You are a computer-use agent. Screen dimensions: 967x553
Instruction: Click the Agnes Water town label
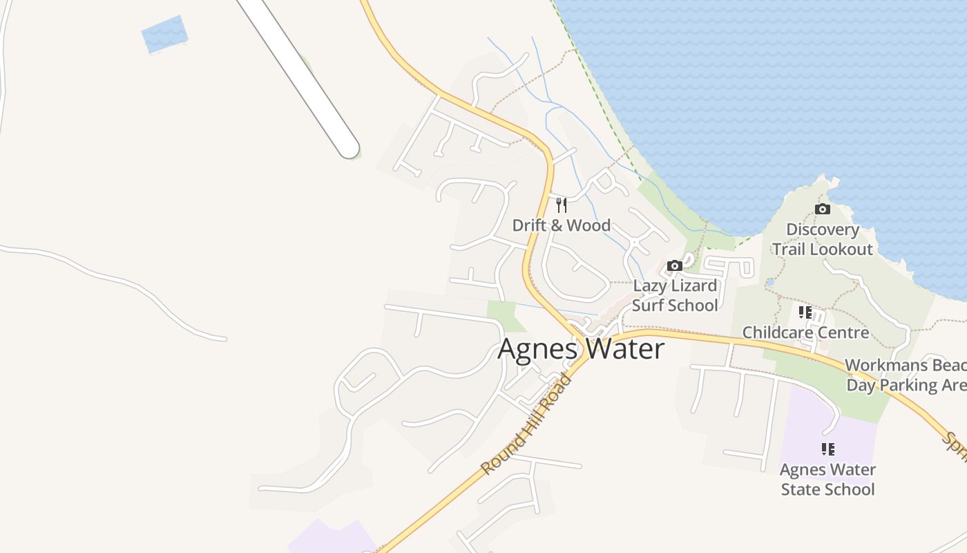tap(581, 349)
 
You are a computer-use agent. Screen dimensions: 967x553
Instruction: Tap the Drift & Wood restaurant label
tap(561, 225)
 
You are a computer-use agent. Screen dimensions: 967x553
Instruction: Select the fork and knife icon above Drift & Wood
tap(561, 205)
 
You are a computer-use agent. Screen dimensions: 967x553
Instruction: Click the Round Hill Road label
tap(526, 424)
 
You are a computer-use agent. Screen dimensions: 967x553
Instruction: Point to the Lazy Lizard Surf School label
tap(675, 295)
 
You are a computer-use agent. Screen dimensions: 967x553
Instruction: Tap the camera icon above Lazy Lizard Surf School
tap(675, 265)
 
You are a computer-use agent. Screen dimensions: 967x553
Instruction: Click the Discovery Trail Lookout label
tap(822, 239)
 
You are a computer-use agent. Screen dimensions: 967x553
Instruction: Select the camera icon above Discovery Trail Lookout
tap(822, 209)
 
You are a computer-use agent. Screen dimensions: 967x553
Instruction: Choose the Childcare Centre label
tap(805, 332)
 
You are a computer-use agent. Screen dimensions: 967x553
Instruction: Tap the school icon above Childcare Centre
tap(805, 312)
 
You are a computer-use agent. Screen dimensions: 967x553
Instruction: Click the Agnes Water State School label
tap(827, 479)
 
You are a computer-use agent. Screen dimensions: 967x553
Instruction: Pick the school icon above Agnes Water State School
tap(827, 449)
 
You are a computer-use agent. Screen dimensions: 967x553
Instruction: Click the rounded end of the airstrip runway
tap(348, 147)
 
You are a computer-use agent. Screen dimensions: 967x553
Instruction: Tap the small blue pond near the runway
tap(164, 34)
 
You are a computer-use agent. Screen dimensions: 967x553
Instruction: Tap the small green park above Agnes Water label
tap(501, 315)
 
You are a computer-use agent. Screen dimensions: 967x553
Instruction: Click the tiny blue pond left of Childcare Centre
tap(770, 282)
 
